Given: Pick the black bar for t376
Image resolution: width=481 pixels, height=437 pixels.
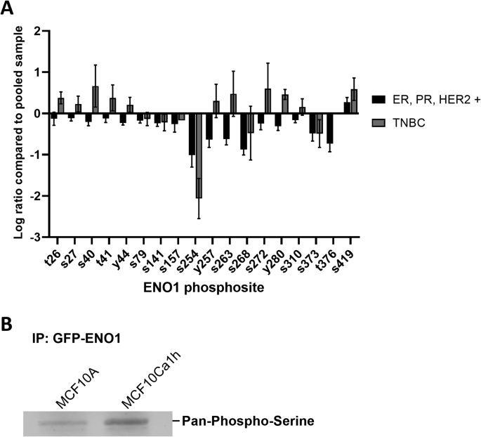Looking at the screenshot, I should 329,128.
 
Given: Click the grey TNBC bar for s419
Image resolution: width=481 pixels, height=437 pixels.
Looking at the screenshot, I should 354,101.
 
